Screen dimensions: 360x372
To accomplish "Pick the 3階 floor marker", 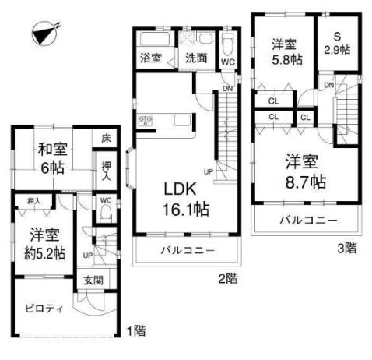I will [347, 249].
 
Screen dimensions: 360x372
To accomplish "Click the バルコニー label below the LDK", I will [186, 251].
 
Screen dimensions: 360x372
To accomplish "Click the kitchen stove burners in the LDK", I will [144, 120].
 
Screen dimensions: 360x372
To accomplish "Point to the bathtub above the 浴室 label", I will [152, 40].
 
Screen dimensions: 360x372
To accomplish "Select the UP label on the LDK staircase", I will [209, 171].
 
